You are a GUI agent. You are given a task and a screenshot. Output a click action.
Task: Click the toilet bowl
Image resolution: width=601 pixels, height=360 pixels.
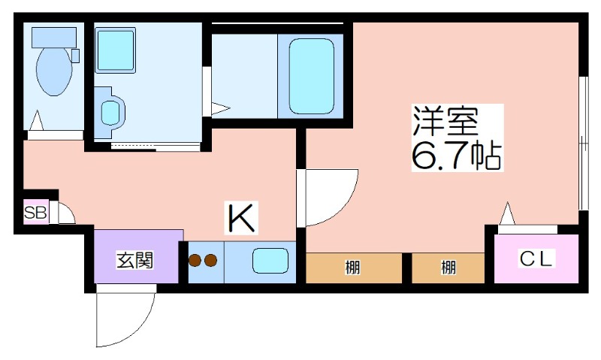tap(54, 71)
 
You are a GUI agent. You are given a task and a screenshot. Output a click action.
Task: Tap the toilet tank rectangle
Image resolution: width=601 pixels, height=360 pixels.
tap(50, 37)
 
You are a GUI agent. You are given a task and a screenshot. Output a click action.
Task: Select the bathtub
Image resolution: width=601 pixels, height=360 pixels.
tap(311, 76)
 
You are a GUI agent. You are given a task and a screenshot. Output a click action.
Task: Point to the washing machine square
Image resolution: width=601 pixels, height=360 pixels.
tap(115, 50)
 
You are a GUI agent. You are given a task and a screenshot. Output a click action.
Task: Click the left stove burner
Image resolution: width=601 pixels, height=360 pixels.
tap(195, 261)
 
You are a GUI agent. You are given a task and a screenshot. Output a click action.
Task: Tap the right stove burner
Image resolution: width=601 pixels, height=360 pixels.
tap(211, 261)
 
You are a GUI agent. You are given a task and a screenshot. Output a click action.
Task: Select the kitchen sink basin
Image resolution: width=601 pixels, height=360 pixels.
tap(270, 261)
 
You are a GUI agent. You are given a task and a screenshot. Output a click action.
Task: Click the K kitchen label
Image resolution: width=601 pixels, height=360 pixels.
tap(241, 218)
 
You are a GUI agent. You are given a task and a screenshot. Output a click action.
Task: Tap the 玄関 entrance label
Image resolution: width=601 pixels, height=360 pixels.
tap(135, 260)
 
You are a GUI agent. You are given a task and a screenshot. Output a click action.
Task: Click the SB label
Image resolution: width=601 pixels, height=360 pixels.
tap(35, 213)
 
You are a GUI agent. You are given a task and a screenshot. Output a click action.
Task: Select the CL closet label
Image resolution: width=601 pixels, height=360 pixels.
tap(536, 259)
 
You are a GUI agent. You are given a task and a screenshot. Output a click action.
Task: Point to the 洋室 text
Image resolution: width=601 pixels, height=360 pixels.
tap(445, 121)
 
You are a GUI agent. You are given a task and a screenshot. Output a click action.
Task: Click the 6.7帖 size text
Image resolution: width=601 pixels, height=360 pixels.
tap(456, 156)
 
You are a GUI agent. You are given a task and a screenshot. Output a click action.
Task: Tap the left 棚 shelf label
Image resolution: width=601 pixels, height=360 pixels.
tap(352, 268)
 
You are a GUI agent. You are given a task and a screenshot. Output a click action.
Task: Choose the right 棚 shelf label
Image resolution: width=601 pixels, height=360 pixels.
tap(448, 268)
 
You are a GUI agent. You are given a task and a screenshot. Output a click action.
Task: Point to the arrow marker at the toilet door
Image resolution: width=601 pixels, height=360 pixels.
tap(37, 120)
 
